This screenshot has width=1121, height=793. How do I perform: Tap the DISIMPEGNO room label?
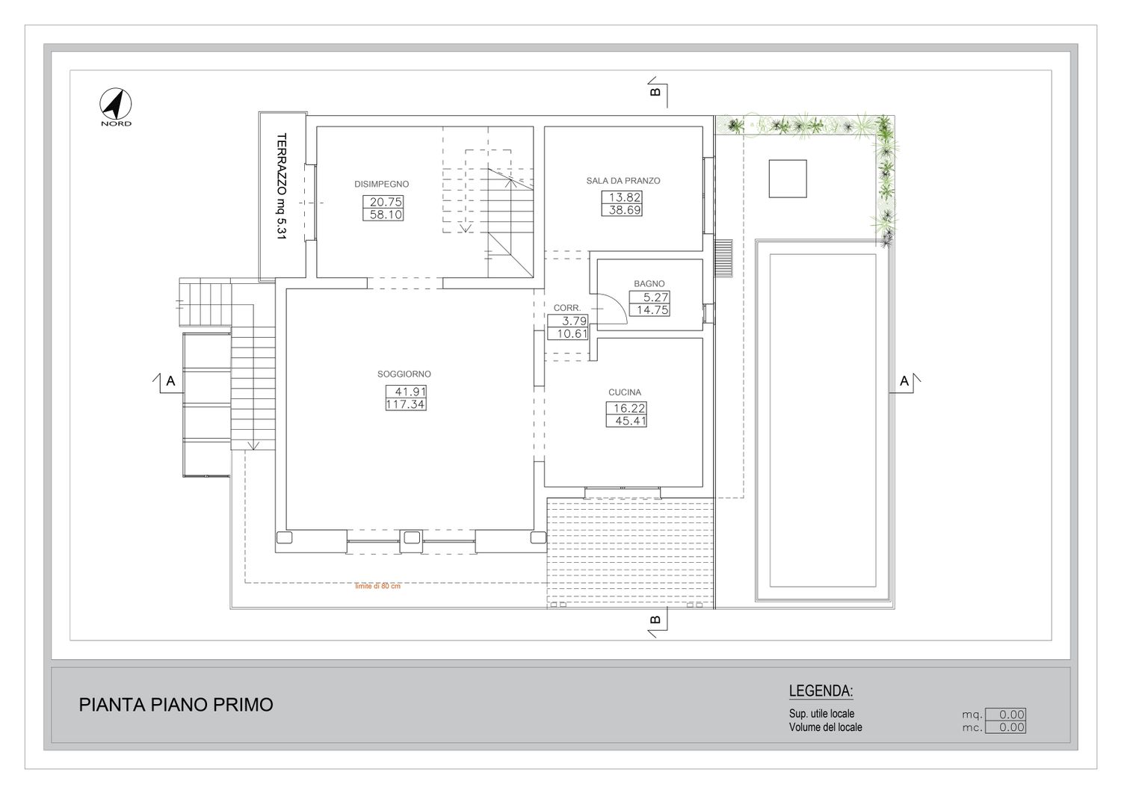[x=381, y=184]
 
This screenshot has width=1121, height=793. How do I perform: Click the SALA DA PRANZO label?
[x=623, y=181]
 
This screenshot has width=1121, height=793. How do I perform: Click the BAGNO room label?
[x=649, y=284]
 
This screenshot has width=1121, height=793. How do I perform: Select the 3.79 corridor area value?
[x=574, y=321]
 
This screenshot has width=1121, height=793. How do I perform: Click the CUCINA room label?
[x=625, y=392]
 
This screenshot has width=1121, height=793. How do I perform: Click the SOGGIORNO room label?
[x=404, y=374]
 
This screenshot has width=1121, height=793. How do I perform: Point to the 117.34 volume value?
[x=406, y=404]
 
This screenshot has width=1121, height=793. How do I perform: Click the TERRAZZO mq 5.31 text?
[x=282, y=186]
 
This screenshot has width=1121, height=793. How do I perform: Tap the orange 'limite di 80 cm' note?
[x=377, y=586]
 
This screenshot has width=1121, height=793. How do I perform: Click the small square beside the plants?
[x=788, y=179]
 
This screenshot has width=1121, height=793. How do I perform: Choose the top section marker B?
[x=657, y=92]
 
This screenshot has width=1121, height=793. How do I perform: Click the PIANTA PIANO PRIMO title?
[x=176, y=705]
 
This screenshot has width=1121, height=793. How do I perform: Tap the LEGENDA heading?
[x=821, y=691]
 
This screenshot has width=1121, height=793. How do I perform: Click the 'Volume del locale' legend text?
[x=826, y=727]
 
